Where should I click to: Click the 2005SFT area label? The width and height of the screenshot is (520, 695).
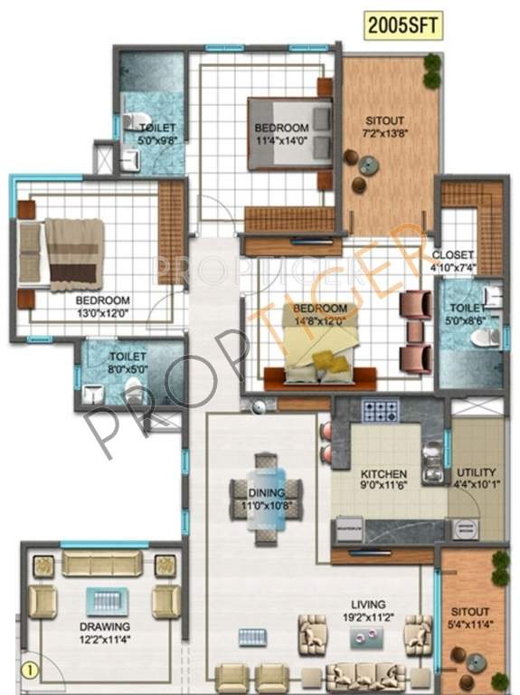(x=404, y=26)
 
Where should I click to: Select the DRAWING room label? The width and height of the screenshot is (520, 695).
(x=104, y=626)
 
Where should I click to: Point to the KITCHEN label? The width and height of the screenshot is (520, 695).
(x=383, y=474)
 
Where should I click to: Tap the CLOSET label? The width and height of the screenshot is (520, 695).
(x=452, y=254)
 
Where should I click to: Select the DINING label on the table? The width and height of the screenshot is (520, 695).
(x=266, y=493)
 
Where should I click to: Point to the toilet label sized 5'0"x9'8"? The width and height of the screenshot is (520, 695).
(x=157, y=129)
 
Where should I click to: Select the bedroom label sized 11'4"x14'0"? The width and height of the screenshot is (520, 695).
(x=280, y=128)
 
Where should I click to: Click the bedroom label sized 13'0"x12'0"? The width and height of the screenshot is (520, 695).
(x=102, y=300)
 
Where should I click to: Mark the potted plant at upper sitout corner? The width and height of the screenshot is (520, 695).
(x=432, y=71)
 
